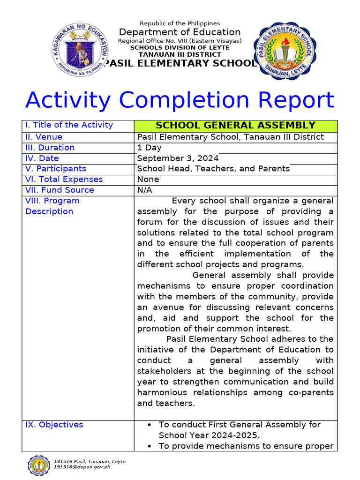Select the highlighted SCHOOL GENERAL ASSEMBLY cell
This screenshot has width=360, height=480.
click(x=235, y=126)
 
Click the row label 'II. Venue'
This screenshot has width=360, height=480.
click(x=44, y=137)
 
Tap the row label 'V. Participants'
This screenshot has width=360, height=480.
click(x=55, y=169)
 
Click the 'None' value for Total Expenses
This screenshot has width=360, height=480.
click(x=148, y=180)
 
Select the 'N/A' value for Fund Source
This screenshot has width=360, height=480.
click(x=144, y=190)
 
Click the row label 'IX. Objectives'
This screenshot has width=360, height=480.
click(x=54, y=425)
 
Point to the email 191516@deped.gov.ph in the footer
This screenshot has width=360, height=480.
click(x=82, y=467)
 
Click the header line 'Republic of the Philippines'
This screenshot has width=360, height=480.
click(x=180, y=23)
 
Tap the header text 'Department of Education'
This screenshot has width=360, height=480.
click(x=180, y=32)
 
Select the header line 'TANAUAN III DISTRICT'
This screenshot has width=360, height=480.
click(x=180, y=54)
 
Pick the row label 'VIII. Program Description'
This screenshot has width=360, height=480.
click(x=52, y=206)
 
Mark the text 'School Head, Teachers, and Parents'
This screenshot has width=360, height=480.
click(x=213, y=169)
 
